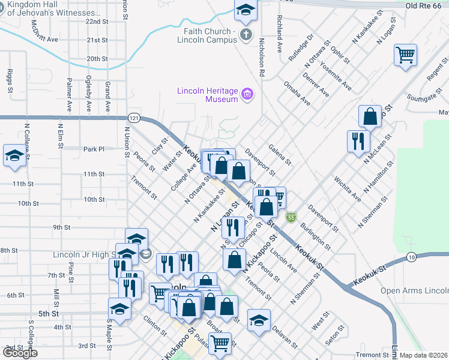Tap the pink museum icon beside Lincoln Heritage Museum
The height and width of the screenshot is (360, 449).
point(246,94)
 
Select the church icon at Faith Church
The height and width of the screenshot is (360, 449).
point(246,35)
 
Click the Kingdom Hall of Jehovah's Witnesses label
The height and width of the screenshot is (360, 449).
point(47,8)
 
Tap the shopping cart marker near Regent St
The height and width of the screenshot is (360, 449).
point(406,56)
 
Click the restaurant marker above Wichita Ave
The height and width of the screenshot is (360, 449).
point(358,142)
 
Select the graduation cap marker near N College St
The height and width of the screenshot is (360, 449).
point(14,156)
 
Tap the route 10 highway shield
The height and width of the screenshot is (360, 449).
point(411,257)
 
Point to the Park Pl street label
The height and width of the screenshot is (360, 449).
point(94,149)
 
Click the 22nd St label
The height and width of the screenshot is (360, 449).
point(96,21)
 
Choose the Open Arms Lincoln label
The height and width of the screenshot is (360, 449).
point(415,291)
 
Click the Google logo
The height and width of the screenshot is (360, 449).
point(20,353)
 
